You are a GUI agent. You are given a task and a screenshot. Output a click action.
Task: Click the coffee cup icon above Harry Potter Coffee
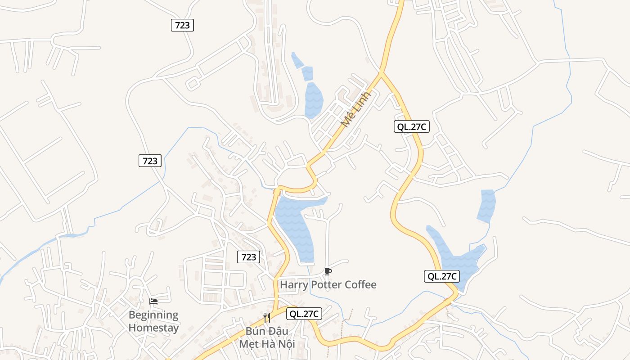pos(328,271)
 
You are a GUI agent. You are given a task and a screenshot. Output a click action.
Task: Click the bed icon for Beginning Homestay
pos(153,301)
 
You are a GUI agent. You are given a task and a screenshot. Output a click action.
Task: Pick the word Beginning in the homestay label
pos(153,315)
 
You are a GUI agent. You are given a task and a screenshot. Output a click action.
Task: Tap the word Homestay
pos(153,328)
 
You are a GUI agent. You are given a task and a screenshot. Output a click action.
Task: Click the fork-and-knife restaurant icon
pos(267,318)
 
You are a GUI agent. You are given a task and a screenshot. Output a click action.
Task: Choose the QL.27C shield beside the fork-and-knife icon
pos(304,314)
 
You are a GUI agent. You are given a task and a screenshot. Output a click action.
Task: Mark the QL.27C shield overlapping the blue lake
pos(442,276)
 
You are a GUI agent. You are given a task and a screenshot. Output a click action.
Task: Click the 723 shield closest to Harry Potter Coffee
pos(248,257)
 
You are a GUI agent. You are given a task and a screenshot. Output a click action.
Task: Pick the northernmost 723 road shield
pos(182,25)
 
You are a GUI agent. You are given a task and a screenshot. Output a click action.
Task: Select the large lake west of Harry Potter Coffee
pos(295,227)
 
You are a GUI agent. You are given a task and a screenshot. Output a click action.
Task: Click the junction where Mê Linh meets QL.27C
pos(381,72)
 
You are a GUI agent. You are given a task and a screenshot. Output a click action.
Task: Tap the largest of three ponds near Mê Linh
pos(313,100)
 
